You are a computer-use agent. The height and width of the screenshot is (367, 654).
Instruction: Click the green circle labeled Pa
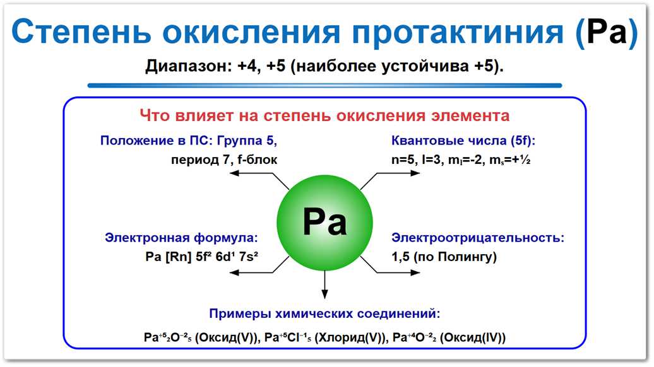(324, 221)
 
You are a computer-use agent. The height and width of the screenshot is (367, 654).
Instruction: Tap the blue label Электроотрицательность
(478, 238)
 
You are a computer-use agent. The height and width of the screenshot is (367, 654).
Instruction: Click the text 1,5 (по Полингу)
(444, 257)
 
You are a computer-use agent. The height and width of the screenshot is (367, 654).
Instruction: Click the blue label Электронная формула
(182, 238)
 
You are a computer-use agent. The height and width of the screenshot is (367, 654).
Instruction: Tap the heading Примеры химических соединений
(324, 313)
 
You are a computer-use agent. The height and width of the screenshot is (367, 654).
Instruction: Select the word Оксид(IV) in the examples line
(475, 337)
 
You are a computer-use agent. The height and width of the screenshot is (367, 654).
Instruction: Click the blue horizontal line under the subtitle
(324, 85)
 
